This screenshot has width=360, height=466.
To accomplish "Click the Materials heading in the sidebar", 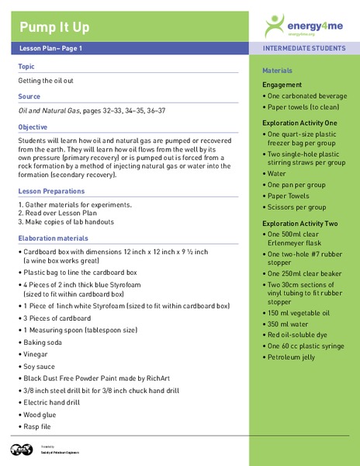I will (278, 71).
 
